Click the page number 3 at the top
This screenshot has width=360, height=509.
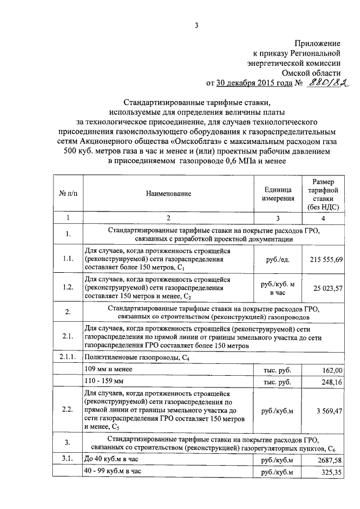click(x=196, y=25)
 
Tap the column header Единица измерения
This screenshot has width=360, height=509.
click(x=277, y=193)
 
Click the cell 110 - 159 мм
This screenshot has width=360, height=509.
click(x=103, y=383)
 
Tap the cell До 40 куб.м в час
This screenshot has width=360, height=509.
click(x=112, y=460)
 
